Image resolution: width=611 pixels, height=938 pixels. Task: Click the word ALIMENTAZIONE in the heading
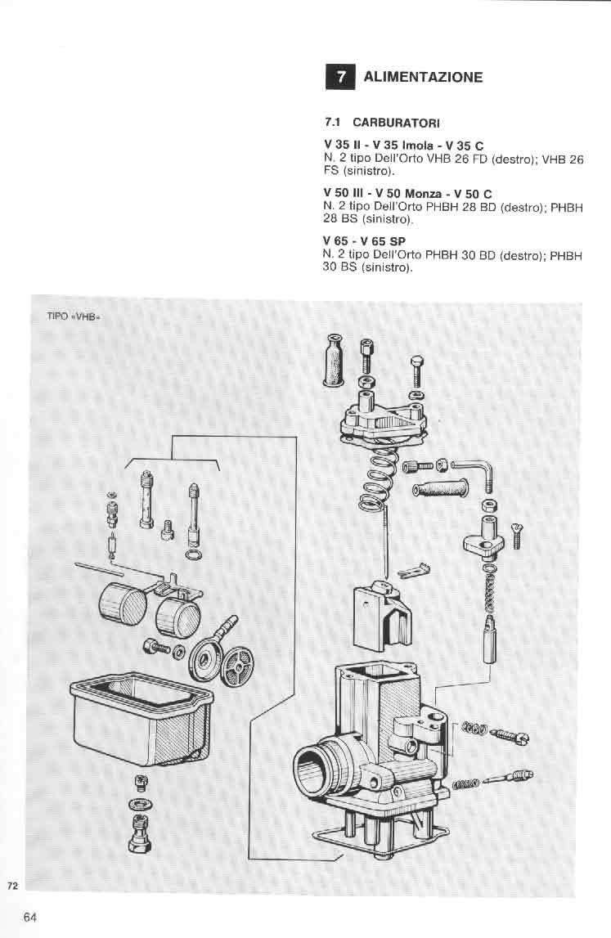tap(423, 77)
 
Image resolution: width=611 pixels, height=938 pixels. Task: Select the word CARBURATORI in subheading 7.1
tap(396, 123)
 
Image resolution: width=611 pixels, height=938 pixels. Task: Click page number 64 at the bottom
tap(30, 917)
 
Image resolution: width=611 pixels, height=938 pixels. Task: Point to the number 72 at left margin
tap(12, 886)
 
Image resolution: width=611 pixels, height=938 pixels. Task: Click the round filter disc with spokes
tap(236, 666)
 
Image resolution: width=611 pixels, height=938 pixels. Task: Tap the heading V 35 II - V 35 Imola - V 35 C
tap(403, 145)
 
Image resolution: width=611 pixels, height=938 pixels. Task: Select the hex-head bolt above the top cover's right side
tap(417, 370)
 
